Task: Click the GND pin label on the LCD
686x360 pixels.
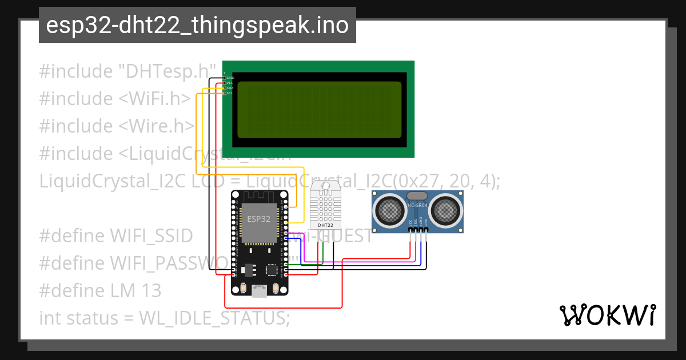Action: click(230, 77)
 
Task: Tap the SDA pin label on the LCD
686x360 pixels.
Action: click(230, 88)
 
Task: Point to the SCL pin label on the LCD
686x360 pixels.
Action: click(230, 93)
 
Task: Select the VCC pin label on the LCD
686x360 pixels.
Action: click(230, 83)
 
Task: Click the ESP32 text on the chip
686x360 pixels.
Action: click(258, 218)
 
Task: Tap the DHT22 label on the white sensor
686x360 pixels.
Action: click(325, 225)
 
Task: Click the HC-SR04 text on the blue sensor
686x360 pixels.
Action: click(417, 205)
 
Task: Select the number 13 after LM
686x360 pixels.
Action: click(151, 291)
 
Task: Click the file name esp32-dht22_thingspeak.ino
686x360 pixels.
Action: click(197, 25)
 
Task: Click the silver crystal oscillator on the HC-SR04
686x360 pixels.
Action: click(417, 195)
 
